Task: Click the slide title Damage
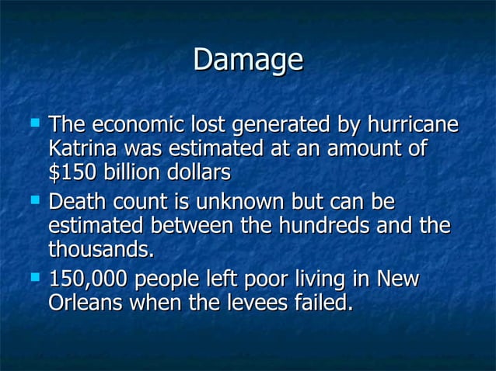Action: (247, 61)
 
